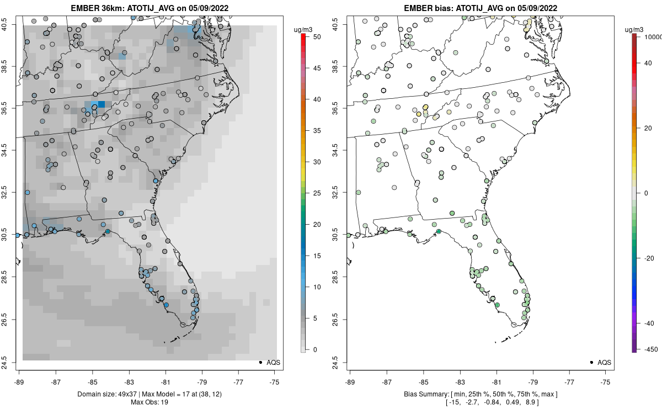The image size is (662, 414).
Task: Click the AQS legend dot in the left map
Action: tap(260, 362)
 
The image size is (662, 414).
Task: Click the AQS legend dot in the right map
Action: tap(591, 362)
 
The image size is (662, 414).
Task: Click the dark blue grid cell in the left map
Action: tap(102, 104)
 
